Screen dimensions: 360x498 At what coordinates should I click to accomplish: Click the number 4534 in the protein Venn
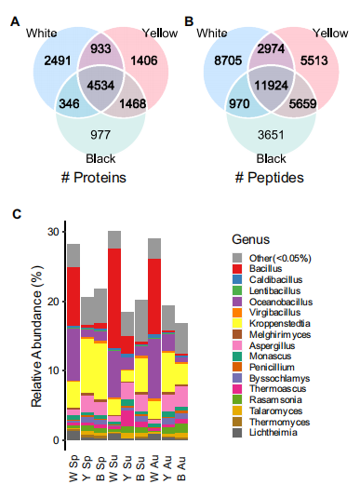coord(100,86)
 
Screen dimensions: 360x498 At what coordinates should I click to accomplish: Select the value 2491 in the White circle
coord(58,61)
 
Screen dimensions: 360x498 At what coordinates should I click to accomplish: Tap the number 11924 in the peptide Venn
coord(271,86)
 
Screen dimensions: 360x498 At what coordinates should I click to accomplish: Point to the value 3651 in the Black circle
coord(271,135)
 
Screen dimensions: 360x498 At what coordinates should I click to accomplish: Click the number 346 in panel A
coord(69,104)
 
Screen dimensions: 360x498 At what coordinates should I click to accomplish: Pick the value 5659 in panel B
coord(302,104)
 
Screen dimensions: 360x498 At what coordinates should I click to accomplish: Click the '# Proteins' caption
coord(94,178)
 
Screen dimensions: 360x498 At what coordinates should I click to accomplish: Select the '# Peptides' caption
coord(269,178)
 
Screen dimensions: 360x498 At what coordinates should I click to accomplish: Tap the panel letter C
coord(17,214)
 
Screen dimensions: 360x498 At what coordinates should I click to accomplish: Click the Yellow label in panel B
coord(330,33)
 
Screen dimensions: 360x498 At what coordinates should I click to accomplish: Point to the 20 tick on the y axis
coord(54,301)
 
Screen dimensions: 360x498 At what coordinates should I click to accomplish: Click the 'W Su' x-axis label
coord(113,469)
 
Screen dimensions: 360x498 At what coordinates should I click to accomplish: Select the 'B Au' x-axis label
coord(180,469)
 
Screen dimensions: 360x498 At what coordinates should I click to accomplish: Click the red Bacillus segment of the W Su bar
coord(114,298)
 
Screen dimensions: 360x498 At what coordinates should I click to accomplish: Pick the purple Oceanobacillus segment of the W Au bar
coord(154,369)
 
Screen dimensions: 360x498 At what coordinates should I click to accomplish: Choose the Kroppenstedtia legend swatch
coord(237,323)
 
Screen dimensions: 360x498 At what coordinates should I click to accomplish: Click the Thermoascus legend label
coord(277,389)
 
